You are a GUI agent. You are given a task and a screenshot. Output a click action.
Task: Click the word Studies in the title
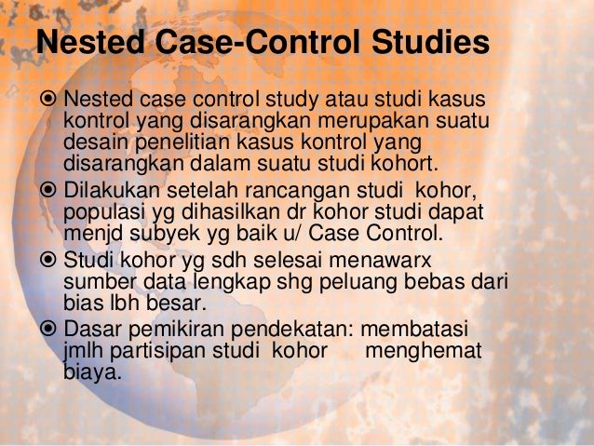click(423, 43)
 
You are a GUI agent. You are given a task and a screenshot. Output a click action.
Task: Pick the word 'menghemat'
click(424, 353)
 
